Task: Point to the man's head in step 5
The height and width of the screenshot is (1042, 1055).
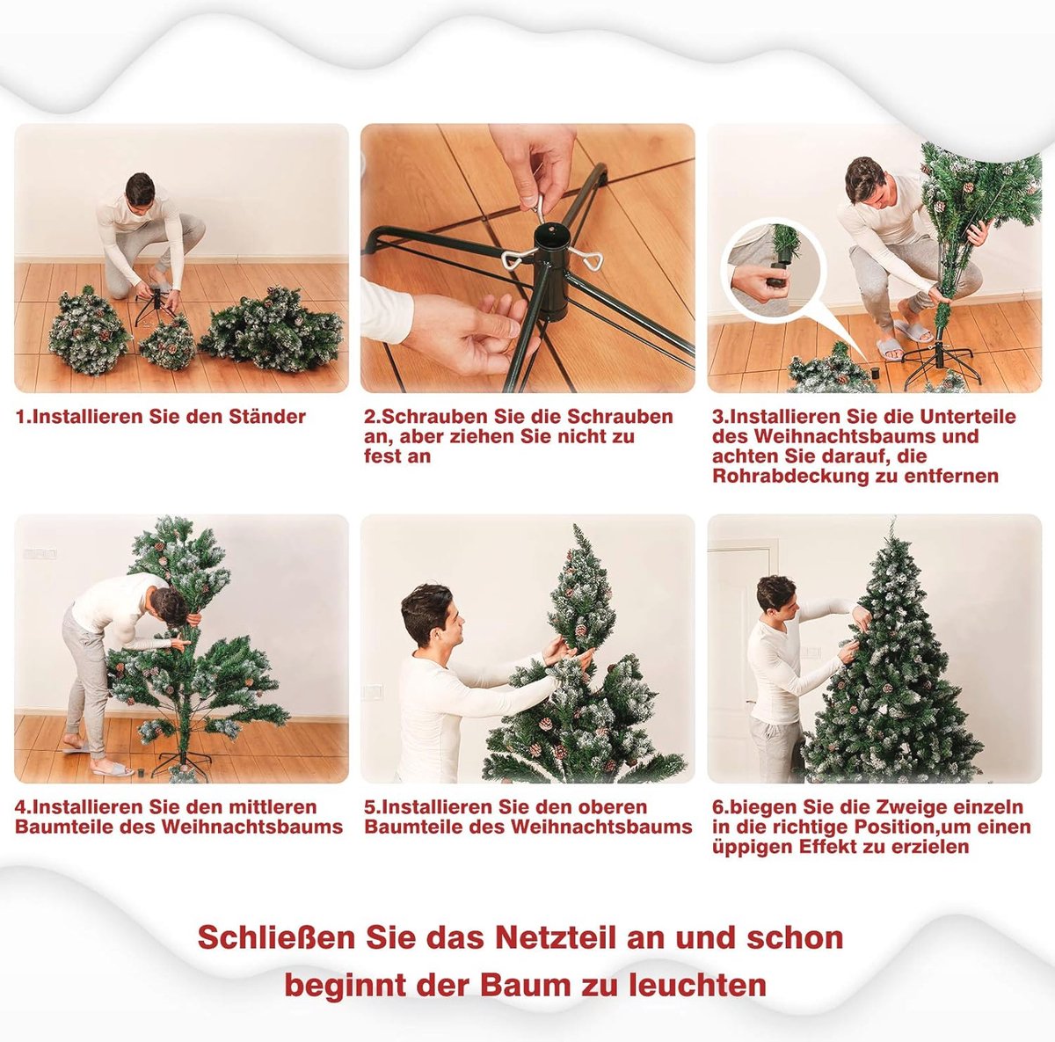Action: [430, 616]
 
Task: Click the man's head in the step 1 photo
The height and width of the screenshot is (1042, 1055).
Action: [140, 190]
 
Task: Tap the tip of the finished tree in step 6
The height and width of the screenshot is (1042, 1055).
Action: [893, 518]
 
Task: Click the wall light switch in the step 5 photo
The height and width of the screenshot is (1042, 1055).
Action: [372, 693]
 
